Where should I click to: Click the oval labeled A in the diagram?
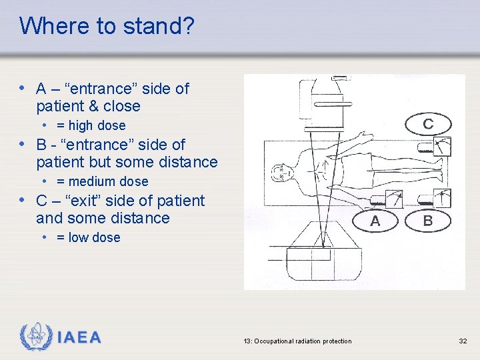coord(375,221)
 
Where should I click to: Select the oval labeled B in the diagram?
coord(427,221)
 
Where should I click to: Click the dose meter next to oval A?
coord(391,199)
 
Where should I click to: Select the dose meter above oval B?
coord(441,199)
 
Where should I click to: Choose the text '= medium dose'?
coord(102,181)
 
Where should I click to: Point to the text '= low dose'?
coord(88,237)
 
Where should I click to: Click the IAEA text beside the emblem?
coord(79,337)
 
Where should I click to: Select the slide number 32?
coord(463,341)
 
